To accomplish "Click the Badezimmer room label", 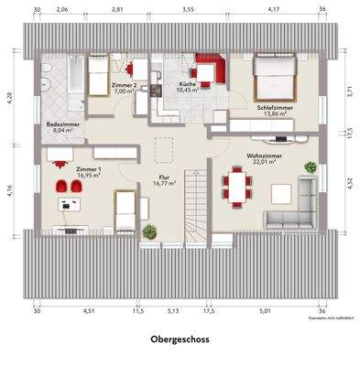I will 61,124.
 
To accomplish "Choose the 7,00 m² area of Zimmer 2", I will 124,92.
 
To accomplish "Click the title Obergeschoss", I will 180,339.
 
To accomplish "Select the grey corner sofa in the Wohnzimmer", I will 295,208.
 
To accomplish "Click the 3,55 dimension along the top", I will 188,9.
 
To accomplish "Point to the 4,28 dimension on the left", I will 9,96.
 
